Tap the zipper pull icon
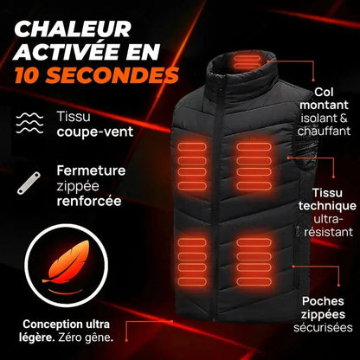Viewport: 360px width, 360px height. pos(31,183)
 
